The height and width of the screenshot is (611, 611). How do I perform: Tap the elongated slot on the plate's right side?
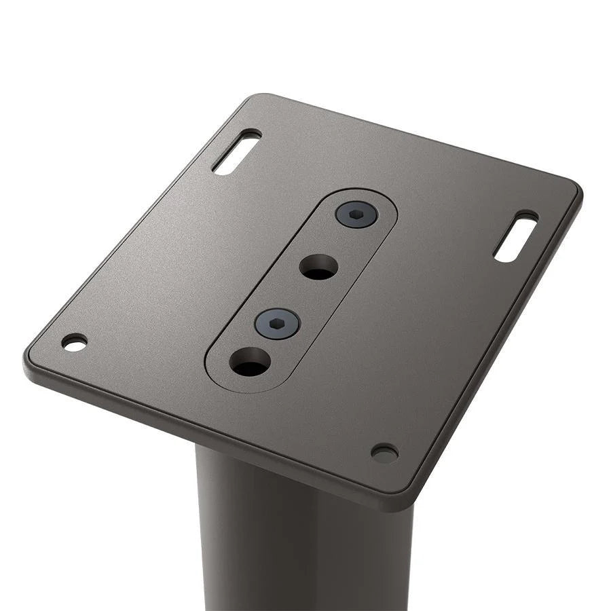516,237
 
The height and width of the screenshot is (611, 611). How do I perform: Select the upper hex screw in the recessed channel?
356,215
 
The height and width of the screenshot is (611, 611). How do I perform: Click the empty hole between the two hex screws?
318,267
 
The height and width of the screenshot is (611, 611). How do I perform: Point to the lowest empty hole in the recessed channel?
250,362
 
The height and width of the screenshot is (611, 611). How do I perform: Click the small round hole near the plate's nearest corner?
384,453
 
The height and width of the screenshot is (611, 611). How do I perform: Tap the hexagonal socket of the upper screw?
356,215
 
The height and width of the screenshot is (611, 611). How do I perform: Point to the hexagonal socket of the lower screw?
277,324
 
